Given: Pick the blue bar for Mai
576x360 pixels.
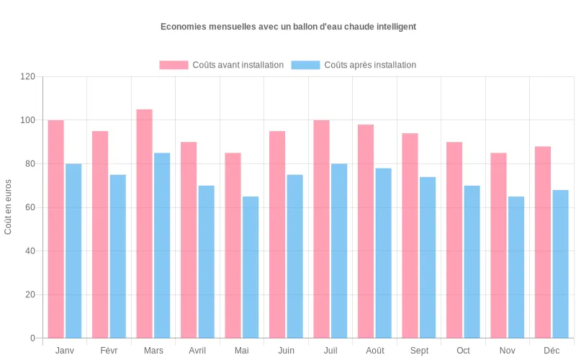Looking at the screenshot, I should pos(251,267).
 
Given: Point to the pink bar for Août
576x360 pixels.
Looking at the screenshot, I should pos(366,231).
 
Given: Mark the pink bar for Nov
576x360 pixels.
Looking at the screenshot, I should pos(498,246).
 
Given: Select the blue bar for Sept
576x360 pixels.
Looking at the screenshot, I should pos(428,257).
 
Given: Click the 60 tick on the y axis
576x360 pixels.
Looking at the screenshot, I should pos(30,207).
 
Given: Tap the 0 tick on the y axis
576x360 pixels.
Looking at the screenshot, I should pos(32,338).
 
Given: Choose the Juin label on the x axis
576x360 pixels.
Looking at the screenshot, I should pos(286,351).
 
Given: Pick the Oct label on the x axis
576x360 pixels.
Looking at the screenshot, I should pos(463,351).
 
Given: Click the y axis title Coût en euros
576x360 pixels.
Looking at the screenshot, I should pos(9,207).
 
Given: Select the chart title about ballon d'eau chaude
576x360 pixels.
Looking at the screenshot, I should pos(288,27).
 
